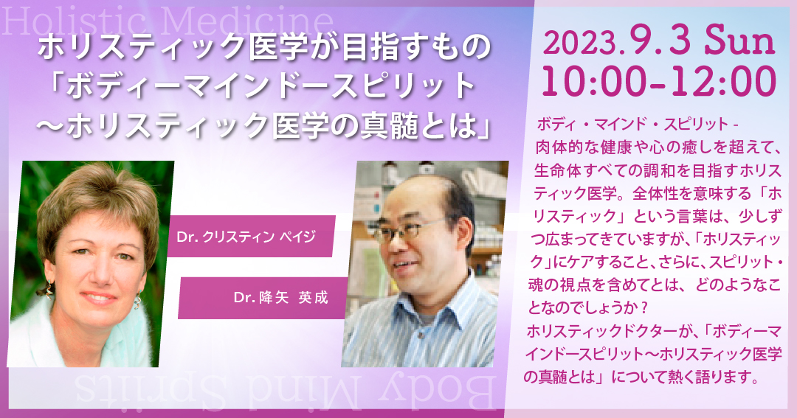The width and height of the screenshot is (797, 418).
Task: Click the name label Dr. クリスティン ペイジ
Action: (x=246, y=237)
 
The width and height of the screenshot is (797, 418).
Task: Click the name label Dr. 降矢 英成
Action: (x=280, y=298)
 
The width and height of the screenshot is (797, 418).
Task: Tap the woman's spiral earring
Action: (x=138, y=302)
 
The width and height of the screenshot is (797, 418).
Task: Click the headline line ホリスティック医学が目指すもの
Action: (x=264, y=48)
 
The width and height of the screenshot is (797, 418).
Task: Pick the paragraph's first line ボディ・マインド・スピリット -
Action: (x=638, y=124)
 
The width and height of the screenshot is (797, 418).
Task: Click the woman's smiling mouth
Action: (x=99, y=296)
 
